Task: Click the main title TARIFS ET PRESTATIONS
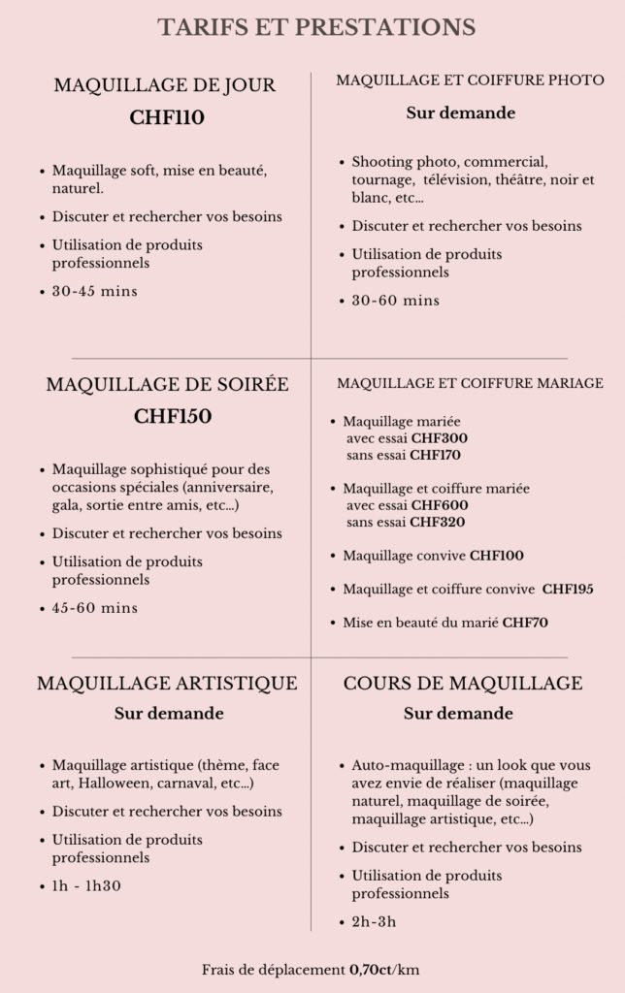coord(316,26)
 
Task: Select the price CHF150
coord(173,417)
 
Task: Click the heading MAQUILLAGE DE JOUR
coord(165,85)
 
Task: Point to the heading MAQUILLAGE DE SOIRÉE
coord(167,384)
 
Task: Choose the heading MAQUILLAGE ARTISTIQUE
coord(167,683)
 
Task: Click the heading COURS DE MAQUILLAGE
coord(463,683)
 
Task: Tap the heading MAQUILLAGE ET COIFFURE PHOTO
coord(470,80)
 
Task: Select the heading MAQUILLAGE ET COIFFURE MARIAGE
coord(470,383)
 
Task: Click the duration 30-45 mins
coord(94,291)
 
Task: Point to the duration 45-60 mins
coord(94,608)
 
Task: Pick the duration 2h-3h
coord(374,921)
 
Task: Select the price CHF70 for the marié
coord(525,623)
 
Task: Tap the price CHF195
coord(568,589)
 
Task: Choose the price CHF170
coord(435,454)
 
